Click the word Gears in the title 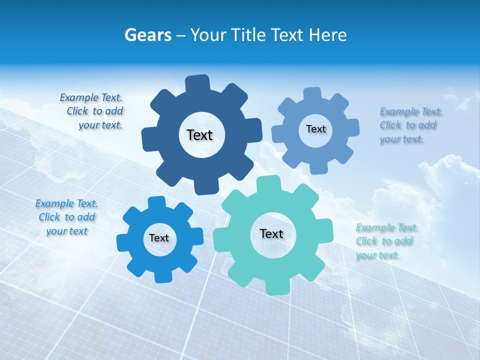[x=147, y=35]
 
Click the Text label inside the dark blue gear [x=199, y=135]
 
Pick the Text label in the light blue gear [x=315, y=129]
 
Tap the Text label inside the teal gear [x=271, y=233]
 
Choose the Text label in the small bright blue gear [x=159, y=238]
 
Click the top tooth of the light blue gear [x=312, y=94]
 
